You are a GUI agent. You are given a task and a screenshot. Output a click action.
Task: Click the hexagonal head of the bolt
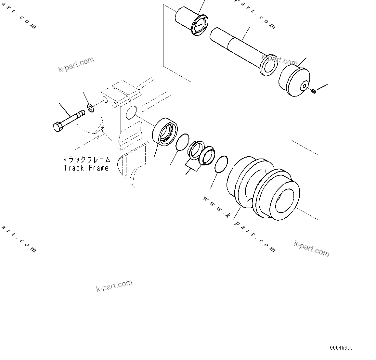click(57, 127)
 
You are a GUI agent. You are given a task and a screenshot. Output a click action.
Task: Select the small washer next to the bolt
click(91, 108)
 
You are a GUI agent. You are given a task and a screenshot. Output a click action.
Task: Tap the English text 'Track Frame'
click(86, 168)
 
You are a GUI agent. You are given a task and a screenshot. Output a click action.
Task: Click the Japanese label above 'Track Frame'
click(86, 160)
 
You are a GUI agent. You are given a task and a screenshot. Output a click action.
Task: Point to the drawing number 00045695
click(341, 348)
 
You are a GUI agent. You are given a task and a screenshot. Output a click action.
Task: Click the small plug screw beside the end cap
click(314, 92)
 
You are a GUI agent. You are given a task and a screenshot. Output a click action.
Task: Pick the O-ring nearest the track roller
click(221, 164)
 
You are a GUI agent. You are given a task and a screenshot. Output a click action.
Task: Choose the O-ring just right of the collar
click(182, 142)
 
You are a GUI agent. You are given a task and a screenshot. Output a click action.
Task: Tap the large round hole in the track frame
click(131, 112)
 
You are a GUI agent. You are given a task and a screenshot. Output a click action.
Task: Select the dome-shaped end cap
click(294, 82)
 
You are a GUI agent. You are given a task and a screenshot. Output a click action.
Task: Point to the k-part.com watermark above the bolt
click(76, 64)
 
